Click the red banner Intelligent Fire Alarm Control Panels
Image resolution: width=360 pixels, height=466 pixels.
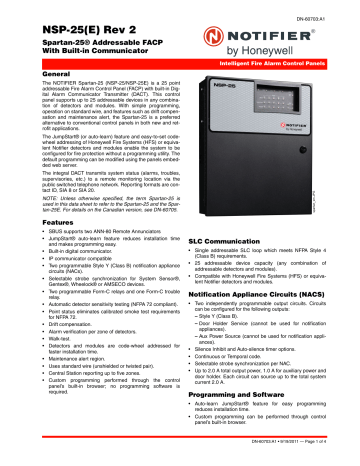coord(271,62)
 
